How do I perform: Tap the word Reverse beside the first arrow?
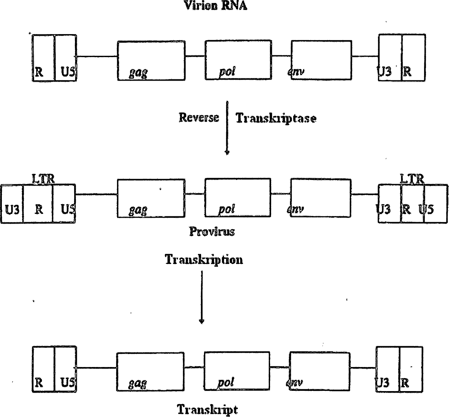[x=199, y=118]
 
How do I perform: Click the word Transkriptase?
[x=276, y=118]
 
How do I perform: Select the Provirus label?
[x=212, y=232]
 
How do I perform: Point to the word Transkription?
[x=204, y=259]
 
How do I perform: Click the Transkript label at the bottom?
[x=207, y=410]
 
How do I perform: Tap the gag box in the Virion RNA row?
[x=151, y=60]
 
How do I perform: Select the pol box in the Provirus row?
[x=238, y=198]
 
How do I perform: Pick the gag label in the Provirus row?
[x=138, y=210]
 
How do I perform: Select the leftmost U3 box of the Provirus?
[x=12, y=204]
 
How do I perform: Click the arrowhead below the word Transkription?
[x=202, y=322]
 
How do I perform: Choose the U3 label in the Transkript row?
[x=383, y=383]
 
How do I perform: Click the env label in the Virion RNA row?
[x=295, y=71]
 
